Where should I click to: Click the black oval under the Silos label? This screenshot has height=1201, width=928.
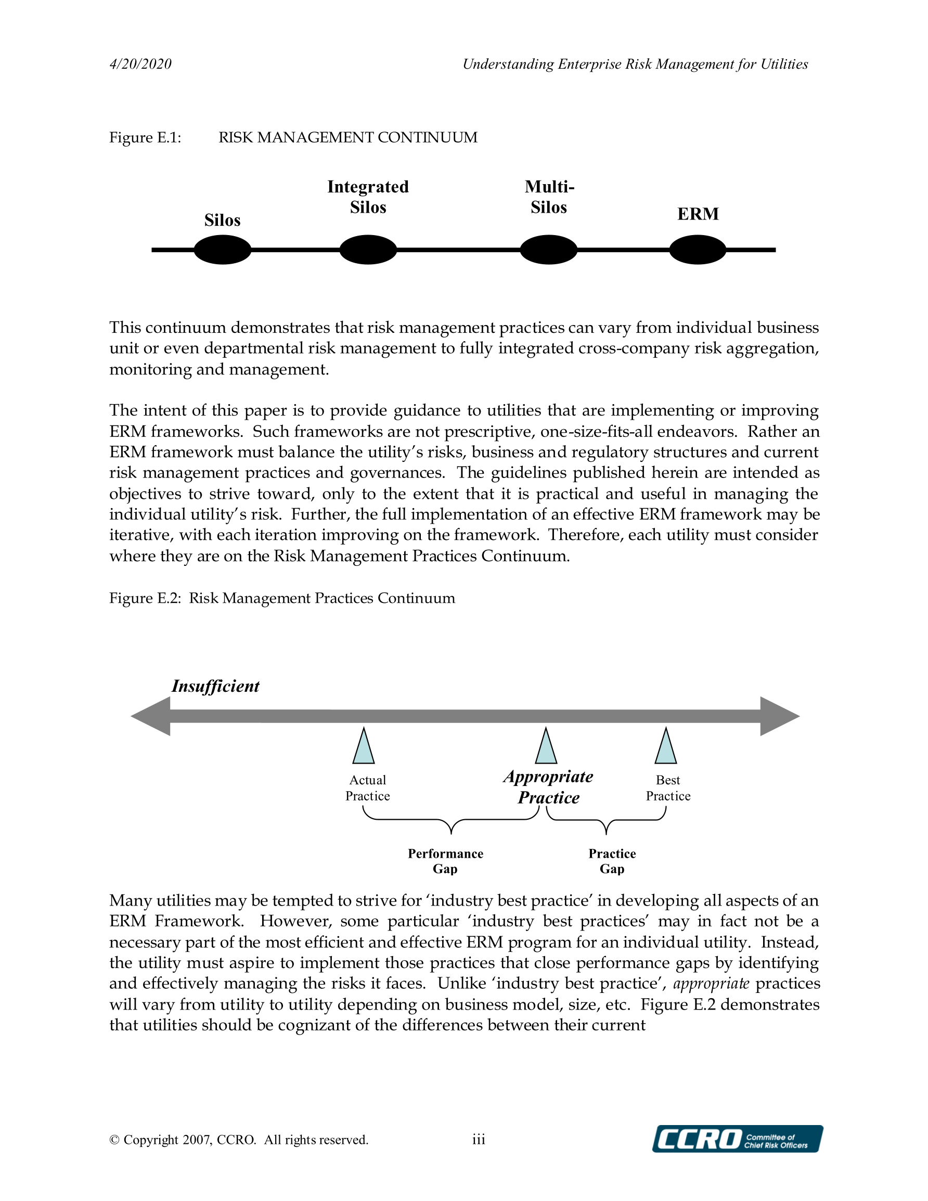click(x=223, y=250)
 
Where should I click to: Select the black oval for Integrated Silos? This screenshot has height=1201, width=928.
click(x=368, y=250)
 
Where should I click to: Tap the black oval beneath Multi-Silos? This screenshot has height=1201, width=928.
click(x=548, y=250)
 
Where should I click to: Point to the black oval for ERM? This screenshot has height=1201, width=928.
click(x=698, y=250)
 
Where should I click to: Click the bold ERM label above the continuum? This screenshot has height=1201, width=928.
click(x=698, y=214)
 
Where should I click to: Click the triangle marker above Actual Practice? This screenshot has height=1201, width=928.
click(x=364, y=748)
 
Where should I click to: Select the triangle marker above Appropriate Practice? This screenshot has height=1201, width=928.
click(x=546, y=748)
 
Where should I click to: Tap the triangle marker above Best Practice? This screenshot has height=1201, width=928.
click(x=666, y=748)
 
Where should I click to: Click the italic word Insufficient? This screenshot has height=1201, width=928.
click(x=215, y=686)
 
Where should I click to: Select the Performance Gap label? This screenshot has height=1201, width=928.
click(x=446, y=861)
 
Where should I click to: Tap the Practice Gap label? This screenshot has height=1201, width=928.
click(x=612, y=861)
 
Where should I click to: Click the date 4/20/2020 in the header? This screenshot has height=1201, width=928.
click(x=140, y=64)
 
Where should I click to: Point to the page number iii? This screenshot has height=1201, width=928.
click(x=479, y=1140)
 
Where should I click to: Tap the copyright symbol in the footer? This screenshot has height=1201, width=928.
click(x=114, y=1140)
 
